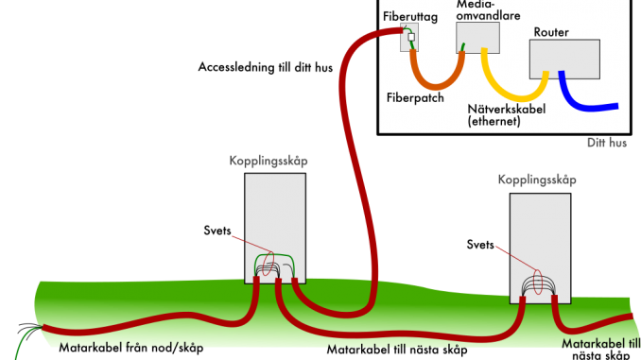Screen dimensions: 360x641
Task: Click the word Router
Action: [x=550, y=32]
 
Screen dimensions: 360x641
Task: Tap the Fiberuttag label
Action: [x=408, y=16]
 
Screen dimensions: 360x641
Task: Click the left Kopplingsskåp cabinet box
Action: [x=275, y=217]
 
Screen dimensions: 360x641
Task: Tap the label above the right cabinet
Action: [x=536, y=179]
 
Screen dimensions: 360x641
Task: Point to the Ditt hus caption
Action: [x=614, y=144]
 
